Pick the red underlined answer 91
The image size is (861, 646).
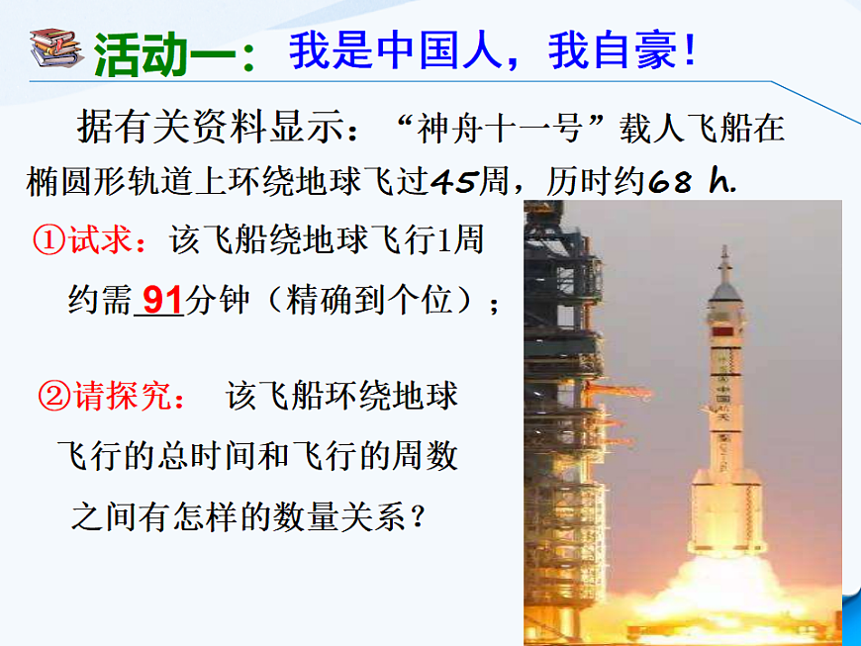pos(159,299)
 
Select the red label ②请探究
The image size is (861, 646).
pos(110,396)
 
